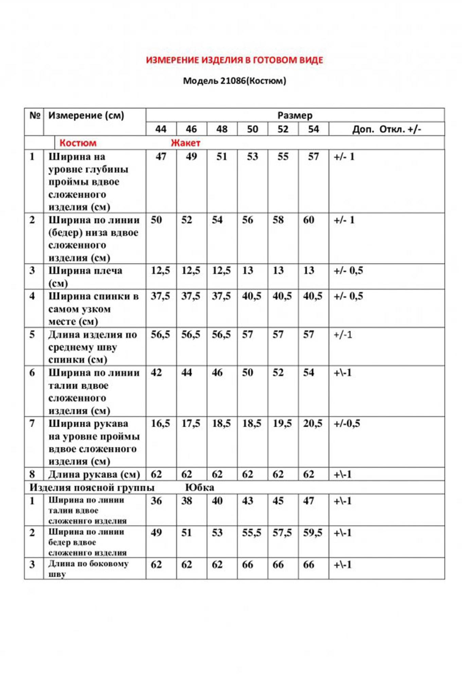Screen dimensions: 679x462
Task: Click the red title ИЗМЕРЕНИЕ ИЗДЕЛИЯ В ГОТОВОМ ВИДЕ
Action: click(x=234, y=60)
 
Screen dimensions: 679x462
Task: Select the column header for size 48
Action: click(x=222, y=129)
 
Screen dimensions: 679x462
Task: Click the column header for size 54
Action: click(x=313, y=129)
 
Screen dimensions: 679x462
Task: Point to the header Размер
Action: click(x=295, y=115)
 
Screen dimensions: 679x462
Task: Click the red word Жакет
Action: click(x=185, y=143)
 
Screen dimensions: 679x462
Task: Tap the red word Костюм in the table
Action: click(x=78, y=143)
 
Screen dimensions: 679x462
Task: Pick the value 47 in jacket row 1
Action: click(x=161, y=157)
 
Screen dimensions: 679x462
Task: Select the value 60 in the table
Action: click(x=308, y=220)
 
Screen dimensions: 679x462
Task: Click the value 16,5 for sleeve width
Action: click(x=160, y=423)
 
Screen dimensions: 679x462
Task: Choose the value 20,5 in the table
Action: click(x=313, y=423)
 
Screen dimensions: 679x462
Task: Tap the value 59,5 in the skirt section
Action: click(x=313, y=532)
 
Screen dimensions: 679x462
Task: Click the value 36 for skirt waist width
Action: click(x=156, y=501)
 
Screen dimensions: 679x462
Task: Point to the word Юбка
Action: click(x=199, y=488)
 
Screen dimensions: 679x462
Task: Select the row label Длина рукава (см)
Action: click(x=94, y=474)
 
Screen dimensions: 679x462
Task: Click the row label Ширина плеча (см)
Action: click(x=85, y=276)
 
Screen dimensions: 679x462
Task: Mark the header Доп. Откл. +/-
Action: click(x=386, y=129)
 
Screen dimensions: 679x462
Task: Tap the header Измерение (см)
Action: click(x=86, y=115)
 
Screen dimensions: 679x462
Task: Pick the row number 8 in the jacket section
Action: click(x=32, y=474)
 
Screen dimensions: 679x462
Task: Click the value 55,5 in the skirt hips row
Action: click(x=251, y=532)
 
